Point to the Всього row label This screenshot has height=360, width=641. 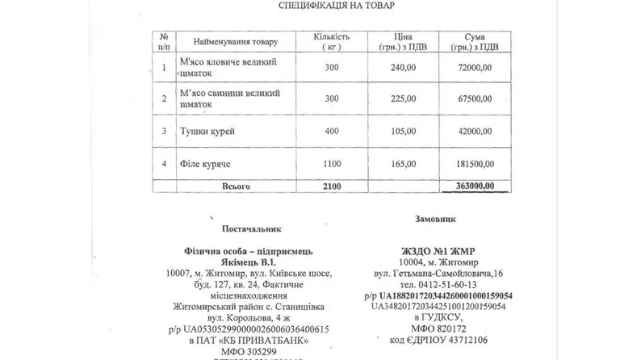(x=236, y=186)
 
